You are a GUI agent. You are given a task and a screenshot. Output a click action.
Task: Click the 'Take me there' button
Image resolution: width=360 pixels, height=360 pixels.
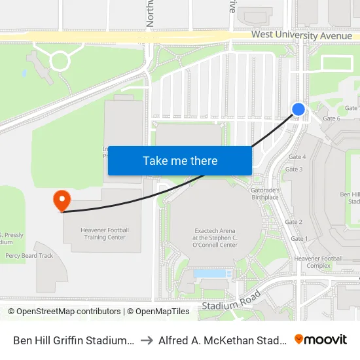point(180,161)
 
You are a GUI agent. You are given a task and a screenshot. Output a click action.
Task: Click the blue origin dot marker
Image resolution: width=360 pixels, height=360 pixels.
point(298,109)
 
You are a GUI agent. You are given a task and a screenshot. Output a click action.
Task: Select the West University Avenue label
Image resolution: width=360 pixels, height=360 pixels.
point(301,36)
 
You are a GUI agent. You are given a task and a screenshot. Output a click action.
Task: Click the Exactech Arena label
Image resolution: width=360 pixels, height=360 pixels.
point(215,234)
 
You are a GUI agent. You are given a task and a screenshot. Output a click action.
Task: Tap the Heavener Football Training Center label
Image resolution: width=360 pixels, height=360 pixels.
point(105,234)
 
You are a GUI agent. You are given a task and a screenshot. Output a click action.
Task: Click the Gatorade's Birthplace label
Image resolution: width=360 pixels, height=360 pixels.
point(266,193)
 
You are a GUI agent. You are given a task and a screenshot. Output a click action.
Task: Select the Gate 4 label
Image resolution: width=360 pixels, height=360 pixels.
point(297,157)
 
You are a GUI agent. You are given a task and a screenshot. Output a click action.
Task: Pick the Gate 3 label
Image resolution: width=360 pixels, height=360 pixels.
point(293,170)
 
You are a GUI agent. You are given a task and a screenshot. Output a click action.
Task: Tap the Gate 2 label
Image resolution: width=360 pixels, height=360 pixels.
point(293,222)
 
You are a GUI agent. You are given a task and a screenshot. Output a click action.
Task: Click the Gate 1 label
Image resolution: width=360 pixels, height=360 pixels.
point(298,238)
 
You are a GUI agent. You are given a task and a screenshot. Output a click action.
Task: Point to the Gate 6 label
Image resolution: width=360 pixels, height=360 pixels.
point(331,118)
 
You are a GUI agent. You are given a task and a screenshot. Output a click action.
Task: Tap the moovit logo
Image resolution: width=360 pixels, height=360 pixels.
point(321,339)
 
